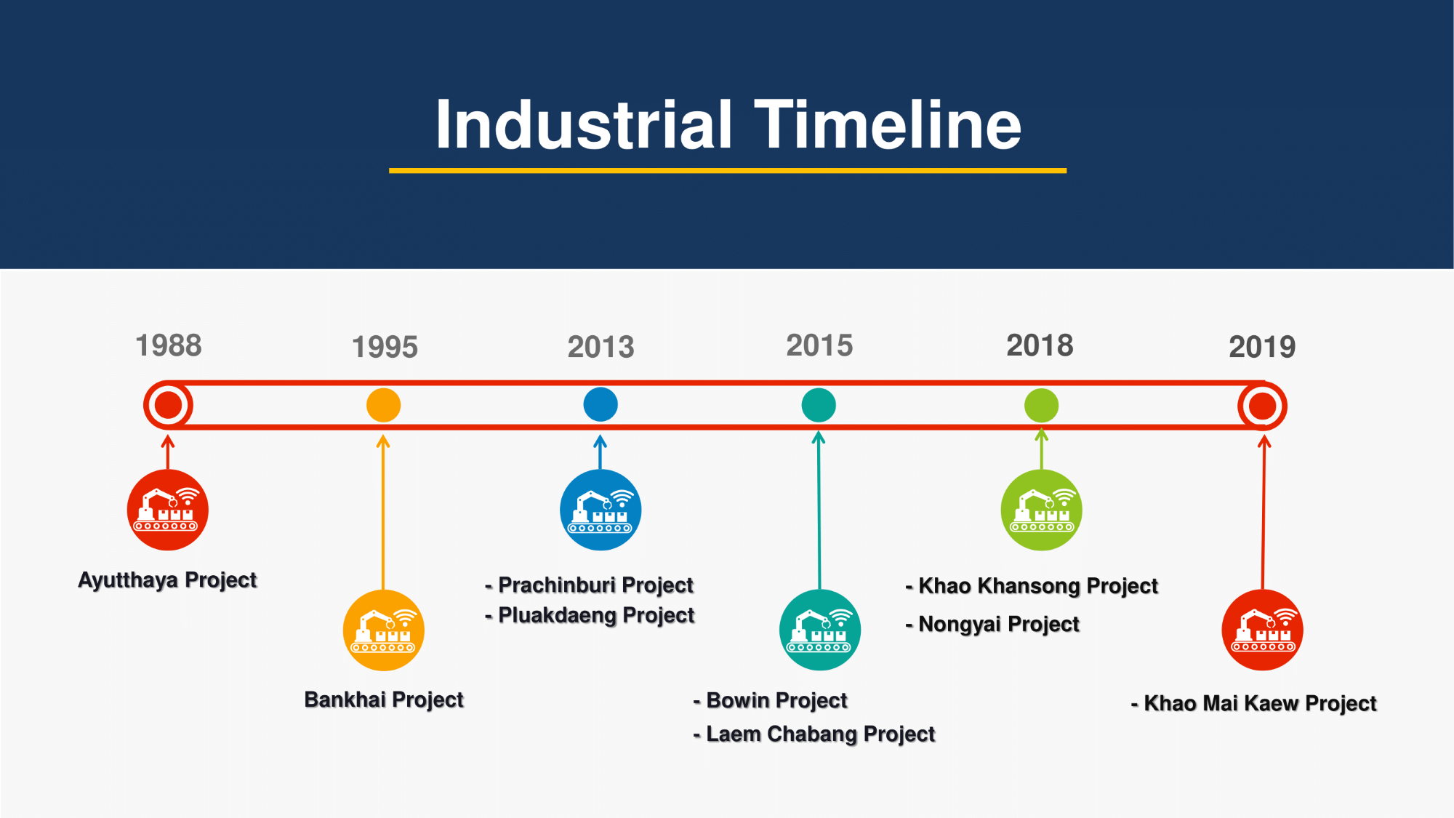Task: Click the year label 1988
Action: (x=169, y=345)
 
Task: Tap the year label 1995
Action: (x=385, y=347)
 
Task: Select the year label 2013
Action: (x=601, y=347)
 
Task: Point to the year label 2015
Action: (x=819, y=345)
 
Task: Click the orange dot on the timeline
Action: (x=383, y=405)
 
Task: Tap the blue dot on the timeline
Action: (x=601, y=404)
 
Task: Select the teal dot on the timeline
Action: (x=819, y=405)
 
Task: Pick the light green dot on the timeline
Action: (x=1041, y=405)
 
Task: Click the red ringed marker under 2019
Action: (x=1263, y=384)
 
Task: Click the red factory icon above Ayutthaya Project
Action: (x=168, y=510)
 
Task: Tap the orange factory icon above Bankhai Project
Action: (x=383, y=630)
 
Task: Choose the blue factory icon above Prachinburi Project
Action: (x=601, y=510)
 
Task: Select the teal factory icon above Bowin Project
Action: (x=820, y=630)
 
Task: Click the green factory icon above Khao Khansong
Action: (x=1041, y=510)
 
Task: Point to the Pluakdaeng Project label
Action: (x=590, y=615)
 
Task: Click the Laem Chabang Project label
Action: (x=814, y=734)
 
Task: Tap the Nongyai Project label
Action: (x=992, y=624)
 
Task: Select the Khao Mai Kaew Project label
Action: (x=1254, y=703)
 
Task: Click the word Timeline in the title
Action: (x=888, y=124)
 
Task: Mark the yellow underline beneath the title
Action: (x=728, y=171)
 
